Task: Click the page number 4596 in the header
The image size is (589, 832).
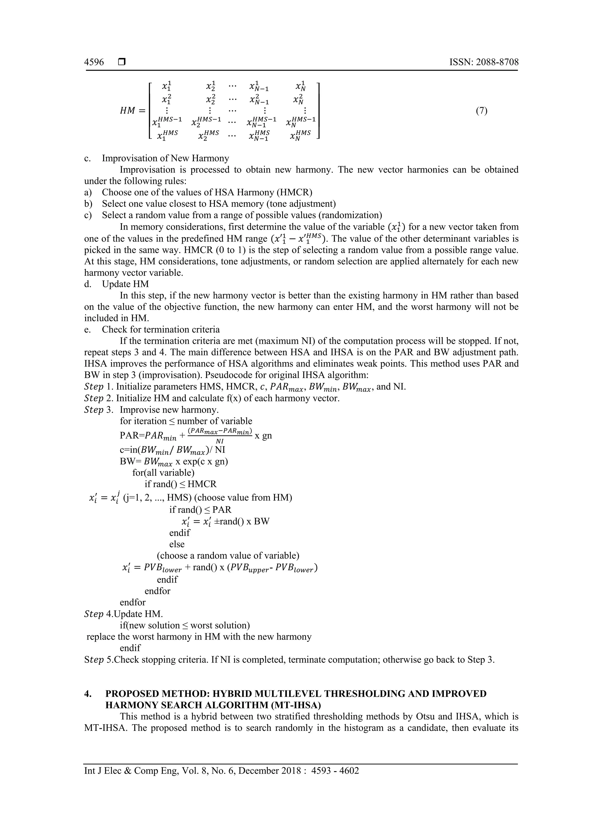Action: tap(94, 62)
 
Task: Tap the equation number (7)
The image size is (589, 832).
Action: tap(481, 111)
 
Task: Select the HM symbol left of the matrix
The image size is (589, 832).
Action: tap(128, 111)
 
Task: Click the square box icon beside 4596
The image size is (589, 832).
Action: tap(121, 62)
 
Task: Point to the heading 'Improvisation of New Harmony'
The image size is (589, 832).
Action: tap(165, 158)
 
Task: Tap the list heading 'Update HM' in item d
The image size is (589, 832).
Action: tap(125, 284)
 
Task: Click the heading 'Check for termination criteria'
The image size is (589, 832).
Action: tap(161, 330)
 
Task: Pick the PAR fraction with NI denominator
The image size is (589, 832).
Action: tap(220, 436)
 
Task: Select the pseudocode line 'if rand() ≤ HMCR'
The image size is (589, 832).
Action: tap(180, 484)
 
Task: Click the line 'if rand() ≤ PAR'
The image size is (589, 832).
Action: tap(200, 509)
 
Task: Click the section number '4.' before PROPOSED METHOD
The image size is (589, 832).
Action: tap(88, 694)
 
